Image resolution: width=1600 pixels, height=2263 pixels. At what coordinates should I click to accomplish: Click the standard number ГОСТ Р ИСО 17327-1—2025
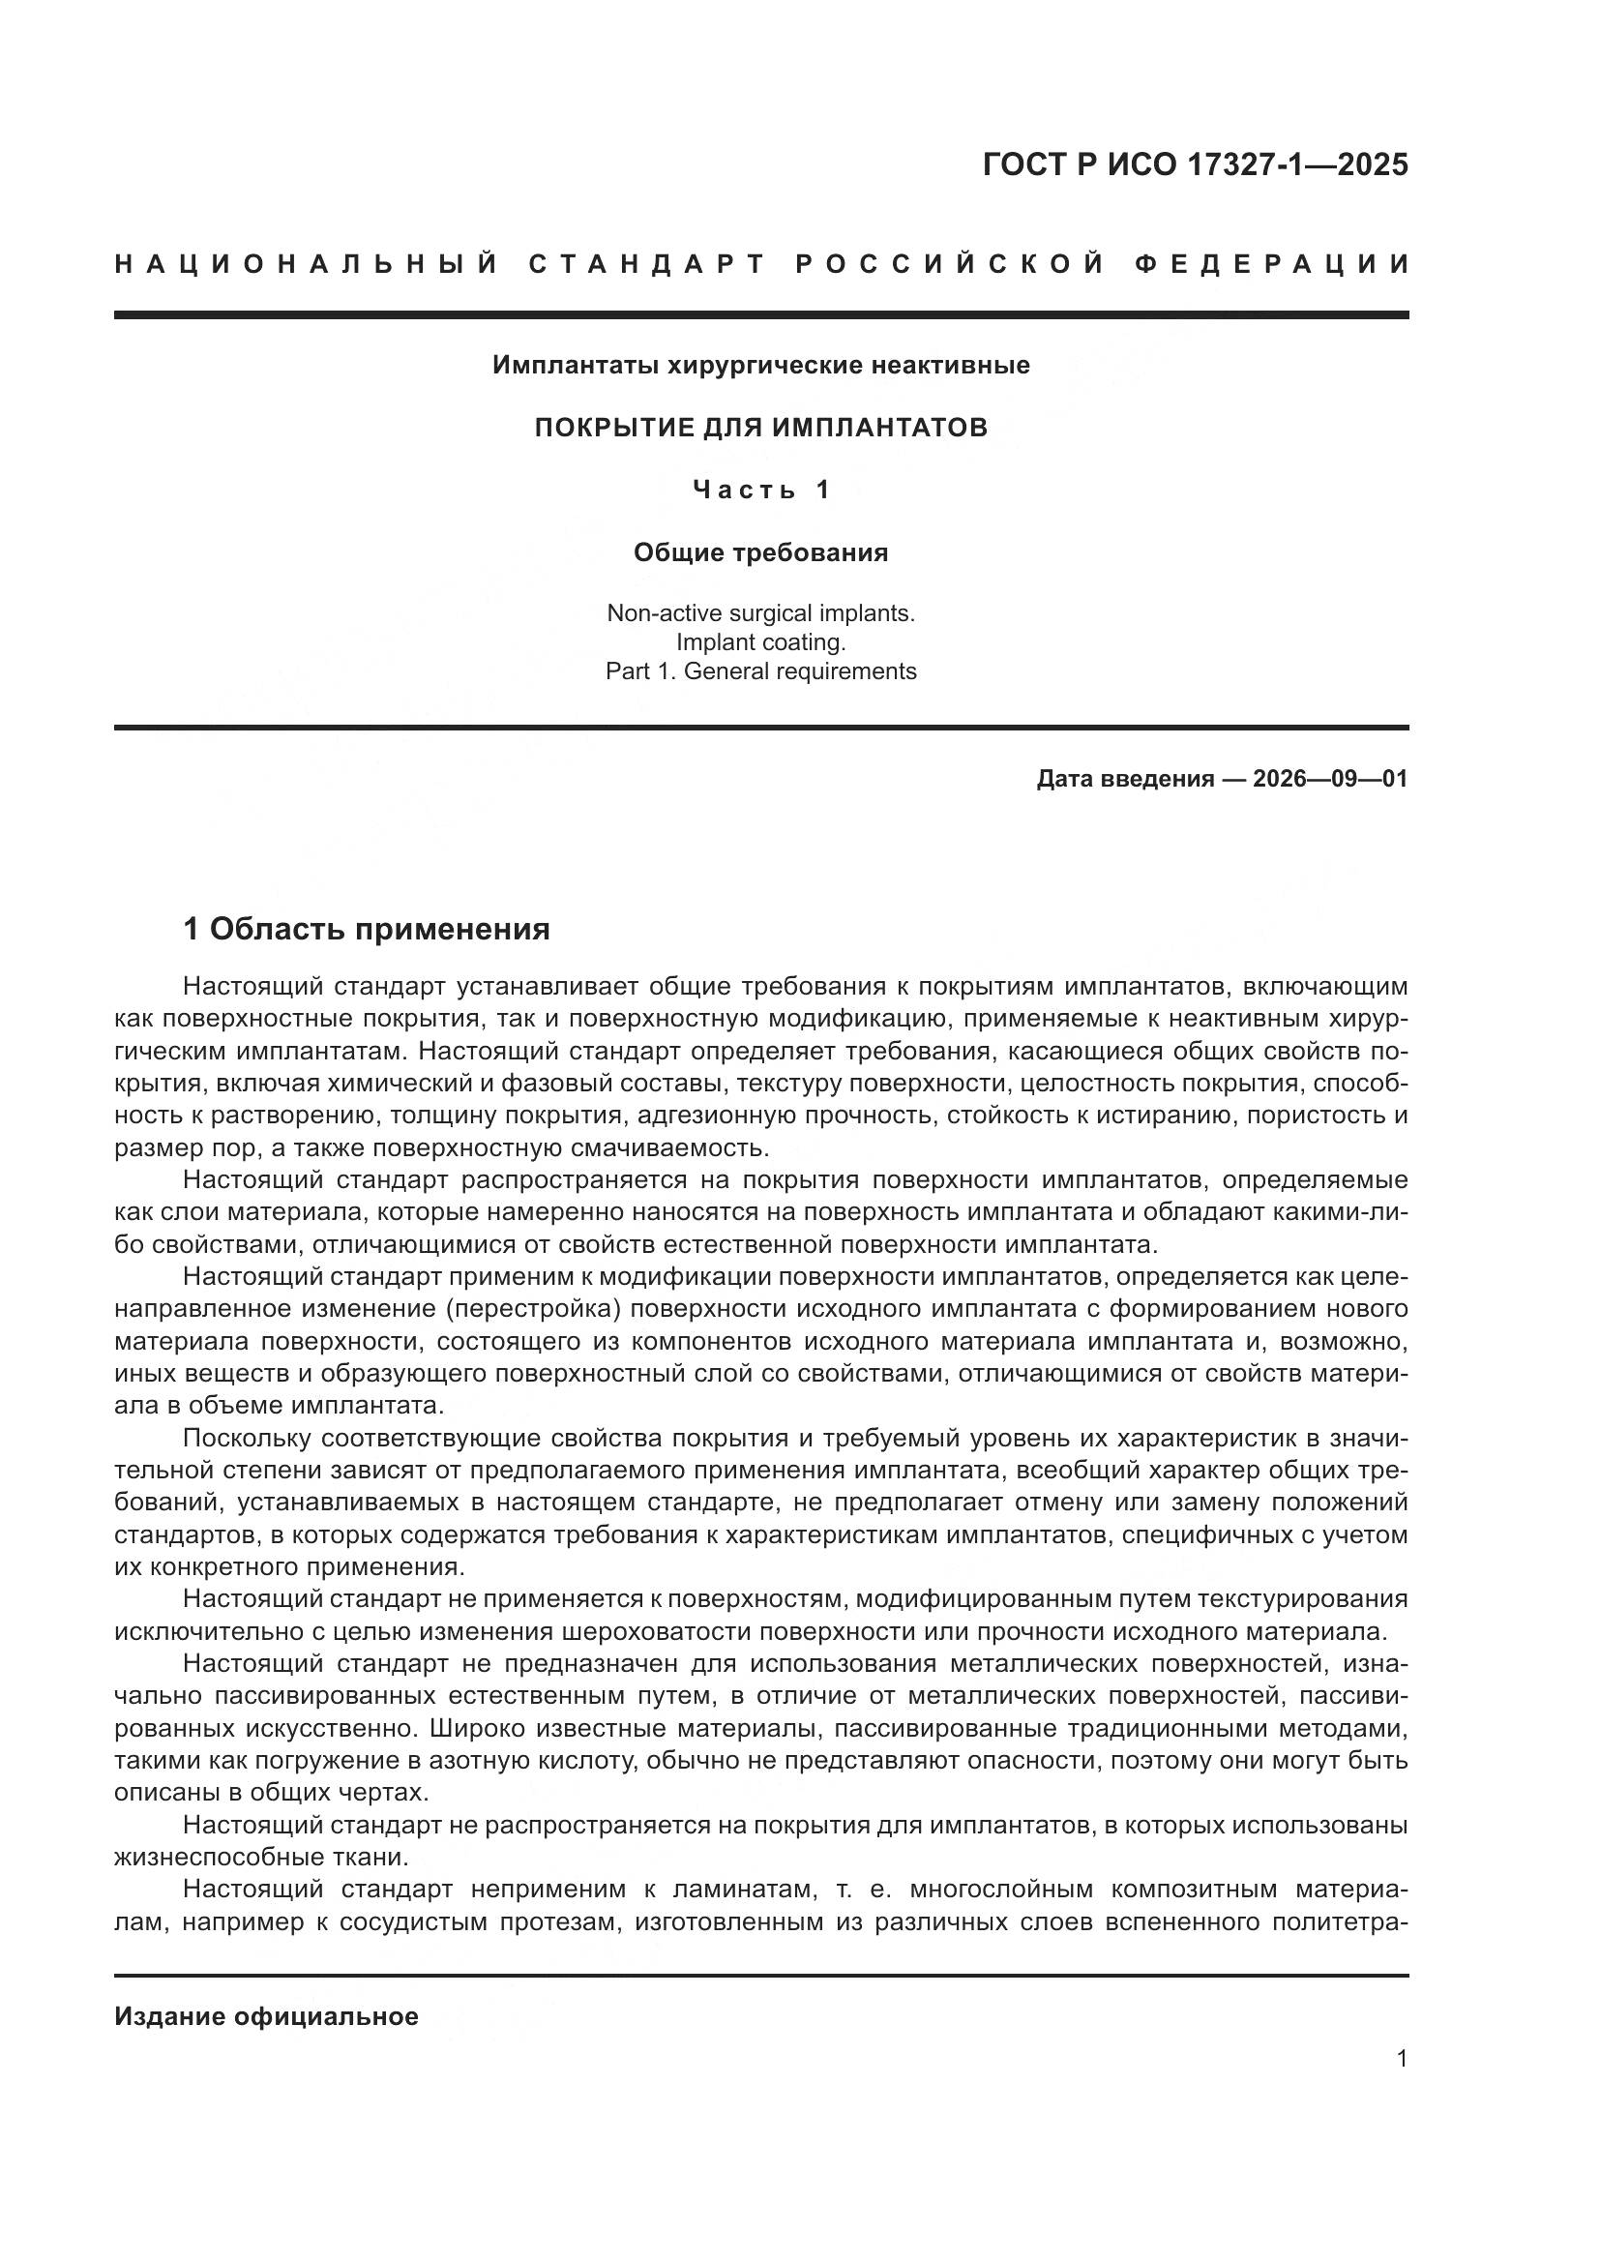click(x=1194, y=164)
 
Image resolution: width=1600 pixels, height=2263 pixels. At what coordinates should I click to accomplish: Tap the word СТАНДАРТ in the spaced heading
click(x=647, y=264)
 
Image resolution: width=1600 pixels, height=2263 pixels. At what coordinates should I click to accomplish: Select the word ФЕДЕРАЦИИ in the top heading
click(x=1271, y=264)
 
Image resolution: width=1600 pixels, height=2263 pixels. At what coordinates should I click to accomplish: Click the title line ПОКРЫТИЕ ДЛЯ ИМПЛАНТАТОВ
click(x=760, y=428)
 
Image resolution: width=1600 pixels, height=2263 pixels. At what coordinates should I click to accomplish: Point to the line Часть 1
click(x=760, y=490)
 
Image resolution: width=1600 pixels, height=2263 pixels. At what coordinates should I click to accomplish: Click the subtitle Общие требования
click(x=760, y=553)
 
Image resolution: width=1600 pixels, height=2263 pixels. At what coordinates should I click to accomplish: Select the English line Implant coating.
click(x=760, y=642)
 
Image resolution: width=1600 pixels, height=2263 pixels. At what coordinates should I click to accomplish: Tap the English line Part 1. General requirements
click(x=760, y=671)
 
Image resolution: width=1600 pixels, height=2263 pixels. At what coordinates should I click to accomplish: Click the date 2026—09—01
click(x=1329, y=779)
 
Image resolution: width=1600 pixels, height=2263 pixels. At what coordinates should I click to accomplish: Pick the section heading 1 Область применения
click(x=367, y=929)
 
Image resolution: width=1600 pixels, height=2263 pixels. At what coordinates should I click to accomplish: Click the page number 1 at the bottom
click(x=1401, y=2058)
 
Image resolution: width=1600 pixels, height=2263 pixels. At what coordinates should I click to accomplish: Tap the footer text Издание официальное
click(x=266, y=2016)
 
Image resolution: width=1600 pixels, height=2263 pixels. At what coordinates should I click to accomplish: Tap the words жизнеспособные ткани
click(x=260, y=1857)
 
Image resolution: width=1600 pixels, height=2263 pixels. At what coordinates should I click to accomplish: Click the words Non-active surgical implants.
click(x=760, y=613)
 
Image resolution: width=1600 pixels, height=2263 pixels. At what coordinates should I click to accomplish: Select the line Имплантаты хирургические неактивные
click(x=760, y=366)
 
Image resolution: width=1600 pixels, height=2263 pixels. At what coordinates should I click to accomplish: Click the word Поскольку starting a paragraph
click(x=247, y=1438)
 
